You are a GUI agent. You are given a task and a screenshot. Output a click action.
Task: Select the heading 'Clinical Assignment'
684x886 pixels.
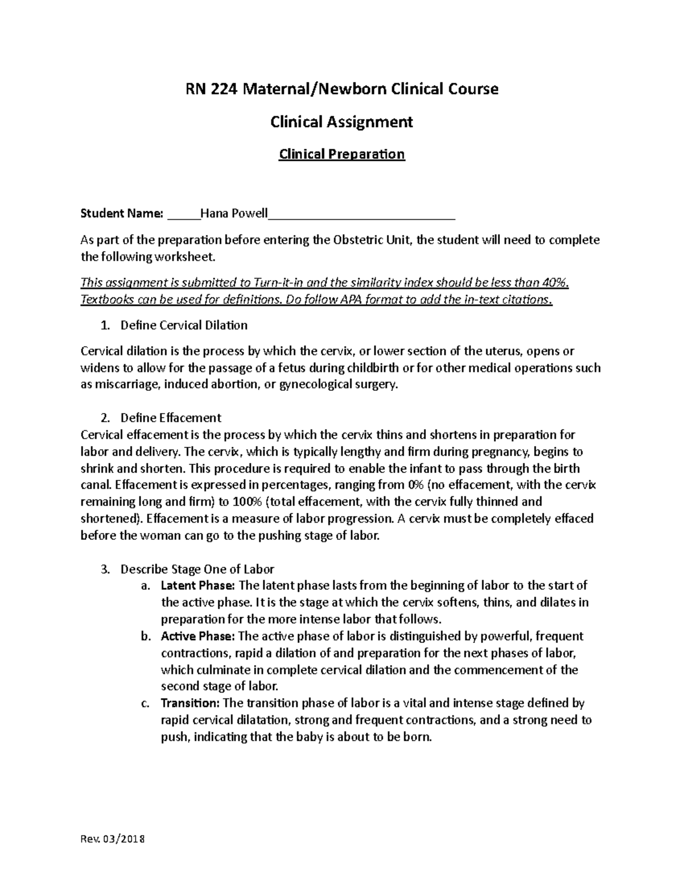click(x=341, y=122)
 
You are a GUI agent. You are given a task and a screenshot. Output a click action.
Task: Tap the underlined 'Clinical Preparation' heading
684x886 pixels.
click(x=341, y=154)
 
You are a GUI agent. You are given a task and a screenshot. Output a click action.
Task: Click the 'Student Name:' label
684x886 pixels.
click(x=122, y=214)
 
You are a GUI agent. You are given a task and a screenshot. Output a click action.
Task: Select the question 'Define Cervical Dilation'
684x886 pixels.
click(x=184, y=325)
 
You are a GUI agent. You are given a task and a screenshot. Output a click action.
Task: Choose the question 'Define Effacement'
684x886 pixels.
click(x=170, y=418)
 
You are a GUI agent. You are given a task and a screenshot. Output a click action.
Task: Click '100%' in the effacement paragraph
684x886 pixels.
click(x=246, y=502)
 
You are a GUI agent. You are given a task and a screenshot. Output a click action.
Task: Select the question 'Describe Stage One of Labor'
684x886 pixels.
click(x=197, y=569)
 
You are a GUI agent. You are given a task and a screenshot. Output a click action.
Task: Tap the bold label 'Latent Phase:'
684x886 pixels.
click(x=198, y=585)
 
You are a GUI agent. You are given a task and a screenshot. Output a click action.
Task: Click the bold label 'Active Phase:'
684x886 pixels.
click(x=197, y=636)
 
